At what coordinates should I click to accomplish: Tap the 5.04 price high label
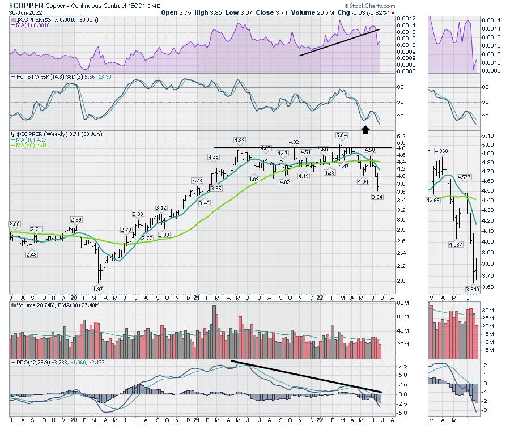pos(341,135)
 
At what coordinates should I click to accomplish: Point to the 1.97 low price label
pos(98,289)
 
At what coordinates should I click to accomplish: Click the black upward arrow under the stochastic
pos(365,130)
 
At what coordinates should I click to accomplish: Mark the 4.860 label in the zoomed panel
pos(441,151)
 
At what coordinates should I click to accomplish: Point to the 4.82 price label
pos(294,142)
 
